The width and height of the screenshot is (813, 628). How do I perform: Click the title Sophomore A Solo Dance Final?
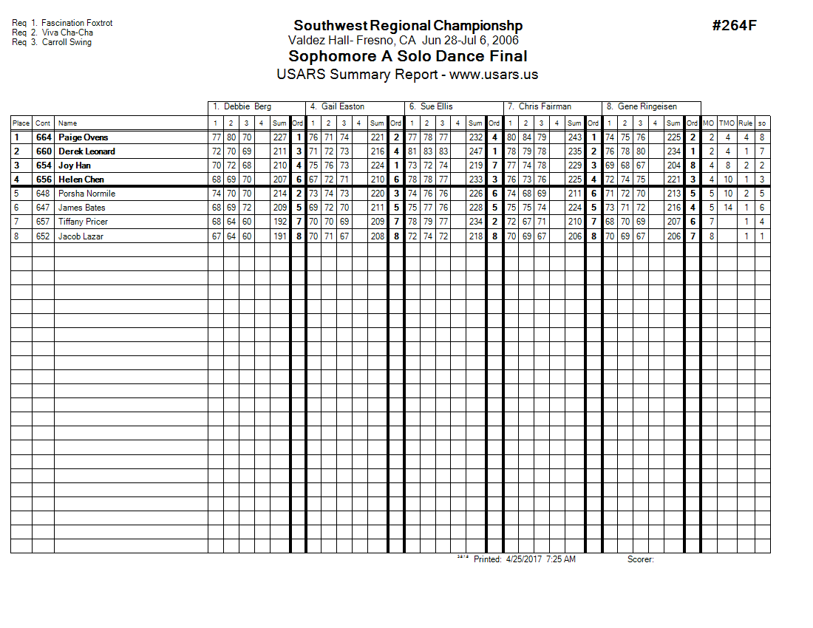tap(407, 57)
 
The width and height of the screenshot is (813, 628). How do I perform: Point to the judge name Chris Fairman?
tap(545, 106)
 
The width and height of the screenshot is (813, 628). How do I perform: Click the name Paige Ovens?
tap(83, 137)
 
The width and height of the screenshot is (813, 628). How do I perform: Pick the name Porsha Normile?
tap(86, 194)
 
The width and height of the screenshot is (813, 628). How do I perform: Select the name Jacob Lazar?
tap(81, 236)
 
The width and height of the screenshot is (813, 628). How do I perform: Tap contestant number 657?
tap(43, 222)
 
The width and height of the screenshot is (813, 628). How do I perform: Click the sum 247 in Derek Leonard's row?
tap(475, 151)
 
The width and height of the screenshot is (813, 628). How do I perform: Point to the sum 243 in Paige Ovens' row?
tap(574, 137)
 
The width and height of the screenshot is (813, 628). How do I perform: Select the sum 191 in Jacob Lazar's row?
tap(279, 236)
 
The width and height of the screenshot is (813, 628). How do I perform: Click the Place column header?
tap(21, 123)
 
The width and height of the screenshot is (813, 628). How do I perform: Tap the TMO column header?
tap(727, 123)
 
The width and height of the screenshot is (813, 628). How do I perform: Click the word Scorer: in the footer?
tap(640, 559)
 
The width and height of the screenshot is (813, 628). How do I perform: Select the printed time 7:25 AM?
tap(560, 559)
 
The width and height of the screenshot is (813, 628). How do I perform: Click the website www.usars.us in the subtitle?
tap(494, 75)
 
